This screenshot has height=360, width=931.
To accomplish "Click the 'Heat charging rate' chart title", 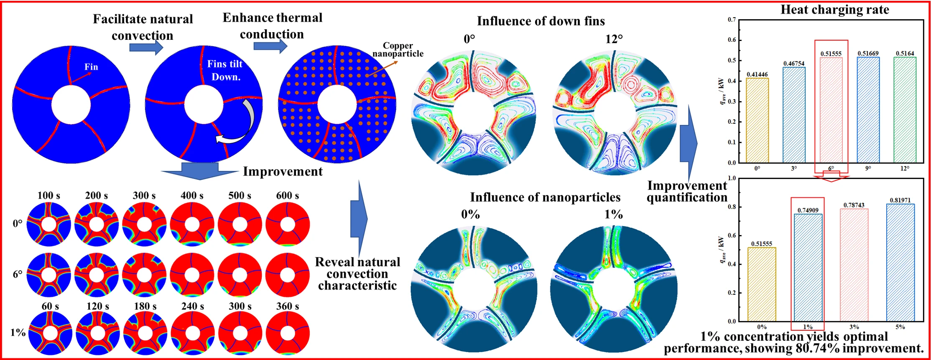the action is (834, 10).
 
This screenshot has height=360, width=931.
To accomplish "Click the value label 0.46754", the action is (794, 64).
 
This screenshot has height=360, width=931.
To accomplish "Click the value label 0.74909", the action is (808, 210).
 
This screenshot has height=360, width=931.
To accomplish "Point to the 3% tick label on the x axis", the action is (854, 327).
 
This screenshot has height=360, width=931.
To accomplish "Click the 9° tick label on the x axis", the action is (868, 169).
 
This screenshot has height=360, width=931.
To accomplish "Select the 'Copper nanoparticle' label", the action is (398, 50).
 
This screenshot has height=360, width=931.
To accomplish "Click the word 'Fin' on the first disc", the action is (91, 67).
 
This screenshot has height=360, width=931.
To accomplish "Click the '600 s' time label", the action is (287, 196).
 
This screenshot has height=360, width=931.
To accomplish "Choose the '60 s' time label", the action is (50, 306).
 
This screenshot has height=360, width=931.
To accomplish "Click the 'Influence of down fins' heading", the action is (541, 21).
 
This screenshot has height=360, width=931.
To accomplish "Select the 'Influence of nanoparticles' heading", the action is (545, 197).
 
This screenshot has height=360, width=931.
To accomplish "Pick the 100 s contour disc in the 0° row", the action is (48, 224).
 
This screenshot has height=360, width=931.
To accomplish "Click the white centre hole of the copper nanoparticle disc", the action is (337, 105).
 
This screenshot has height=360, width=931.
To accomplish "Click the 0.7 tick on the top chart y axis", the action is (732, 20).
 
